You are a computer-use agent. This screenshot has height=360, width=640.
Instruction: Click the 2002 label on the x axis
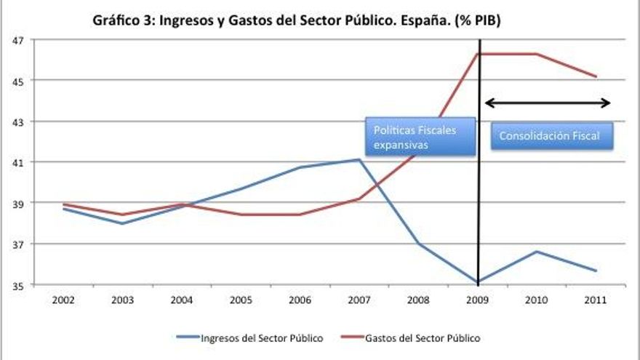(x=63, y=299)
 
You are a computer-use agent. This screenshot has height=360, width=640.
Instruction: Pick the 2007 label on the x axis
(x=359, y=299)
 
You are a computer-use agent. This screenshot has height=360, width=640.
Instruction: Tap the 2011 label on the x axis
(x=596, y=299)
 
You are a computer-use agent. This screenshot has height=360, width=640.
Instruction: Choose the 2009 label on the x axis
(x=478, y=299)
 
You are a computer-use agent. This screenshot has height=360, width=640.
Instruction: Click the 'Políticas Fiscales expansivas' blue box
(x=420, y=137)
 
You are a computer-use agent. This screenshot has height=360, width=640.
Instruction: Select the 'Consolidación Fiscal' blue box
(x=551, y=136)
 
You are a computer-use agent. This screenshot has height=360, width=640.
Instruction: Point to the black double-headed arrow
(x=547, y=103)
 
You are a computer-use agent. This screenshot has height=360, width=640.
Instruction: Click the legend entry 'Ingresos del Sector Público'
(x=249, y=337)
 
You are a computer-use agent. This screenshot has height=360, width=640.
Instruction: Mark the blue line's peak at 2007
(x=359, y=160)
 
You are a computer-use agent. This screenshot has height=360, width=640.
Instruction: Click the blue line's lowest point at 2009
(x=478, y=282)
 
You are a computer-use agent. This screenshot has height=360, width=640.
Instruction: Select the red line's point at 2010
(x=537, y=54)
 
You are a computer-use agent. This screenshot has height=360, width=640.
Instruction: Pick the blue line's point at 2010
(x=537, y=252)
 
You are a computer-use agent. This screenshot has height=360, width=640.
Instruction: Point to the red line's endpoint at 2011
(x=596, y=76)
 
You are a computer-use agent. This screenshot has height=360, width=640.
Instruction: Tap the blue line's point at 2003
(x=122, y=223)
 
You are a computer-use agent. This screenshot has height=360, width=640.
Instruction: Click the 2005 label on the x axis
(x=241, y=299)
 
